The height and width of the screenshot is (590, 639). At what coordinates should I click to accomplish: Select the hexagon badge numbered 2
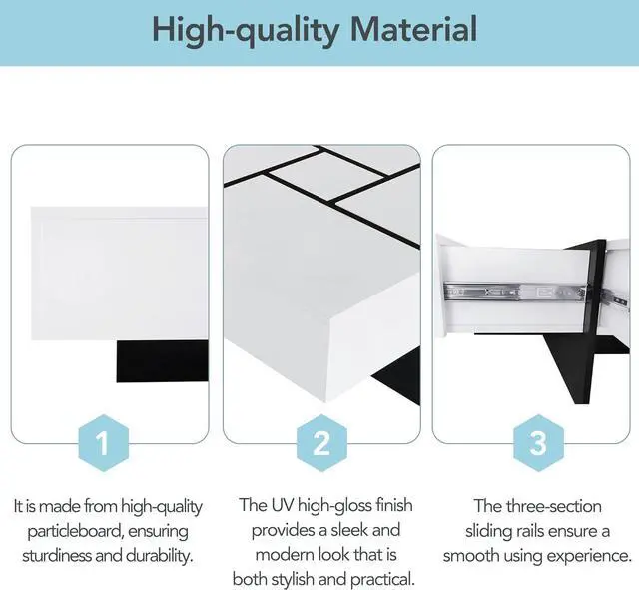click(x=321, y=443)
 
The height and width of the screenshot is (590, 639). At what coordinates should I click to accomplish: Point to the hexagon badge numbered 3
click(x=537, y=443)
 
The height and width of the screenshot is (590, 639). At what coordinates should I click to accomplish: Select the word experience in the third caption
click(x=588, y=554)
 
